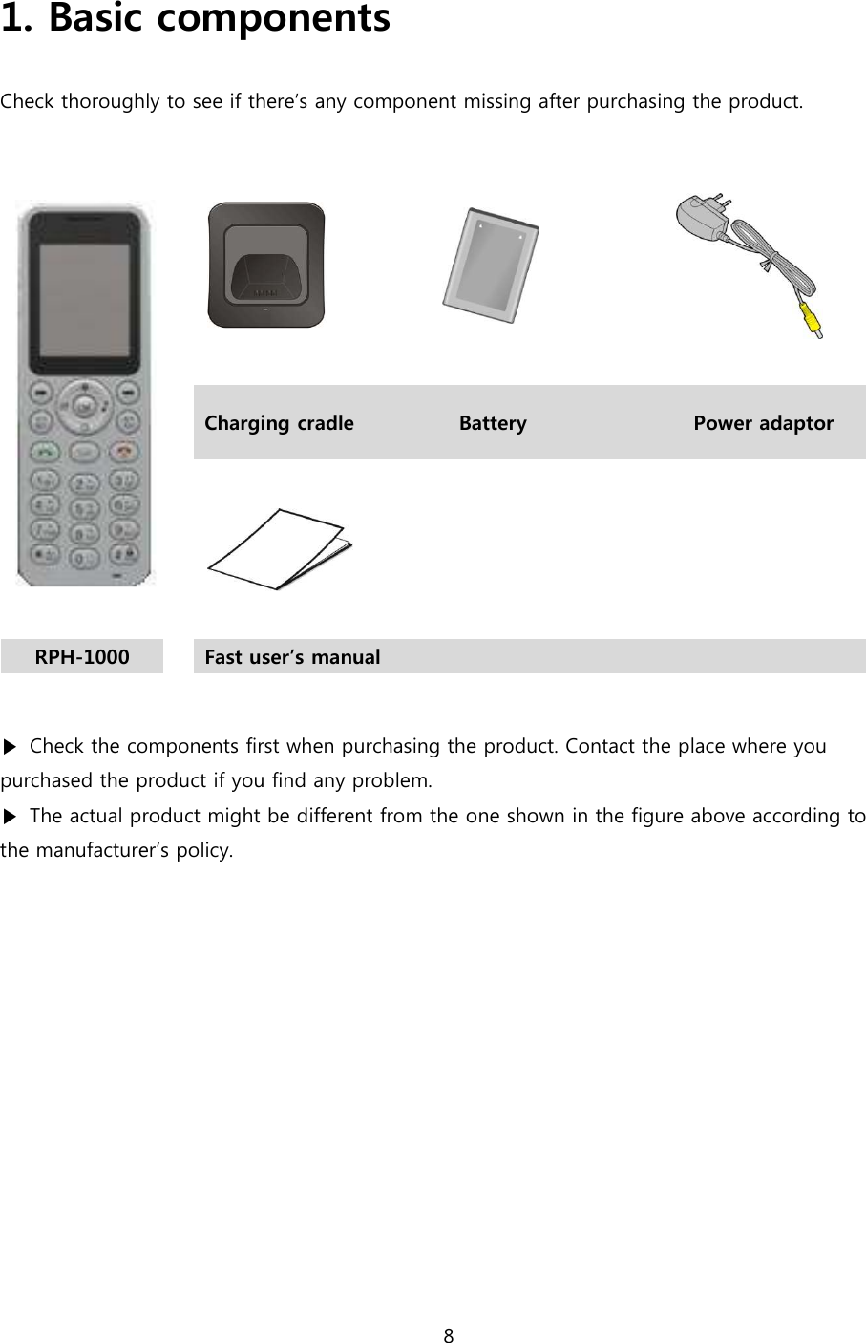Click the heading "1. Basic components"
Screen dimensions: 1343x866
pyautogui.click(x=196, y=19)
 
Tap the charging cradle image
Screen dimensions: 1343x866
pyautogui.click(x=266, y=265)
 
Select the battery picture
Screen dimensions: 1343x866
pyautogui.click(x=491, y=265)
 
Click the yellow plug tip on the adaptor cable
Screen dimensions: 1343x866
pyautogui.click(x=812, y=321)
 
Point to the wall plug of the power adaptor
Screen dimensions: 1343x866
pyautogui.click(x=703, y=217)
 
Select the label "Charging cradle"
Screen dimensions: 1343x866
pyautogui.click(x=279, y=423)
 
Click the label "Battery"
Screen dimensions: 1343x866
pyautogui.click(x=493, y=423)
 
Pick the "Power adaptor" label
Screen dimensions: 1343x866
pyautogui.click(x=763, y=423)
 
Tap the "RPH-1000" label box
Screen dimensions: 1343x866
pyautogui.click(x=82, y=657)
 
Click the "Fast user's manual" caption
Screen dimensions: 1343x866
pyautogui.click(x=292, y=657)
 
